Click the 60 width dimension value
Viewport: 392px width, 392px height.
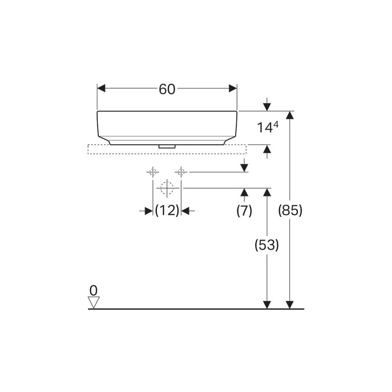coord(167,89)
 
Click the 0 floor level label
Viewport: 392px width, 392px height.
coord(93,290)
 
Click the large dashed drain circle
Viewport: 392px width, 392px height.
coord(167,188)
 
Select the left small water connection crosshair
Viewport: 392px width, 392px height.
coord(153,172)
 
